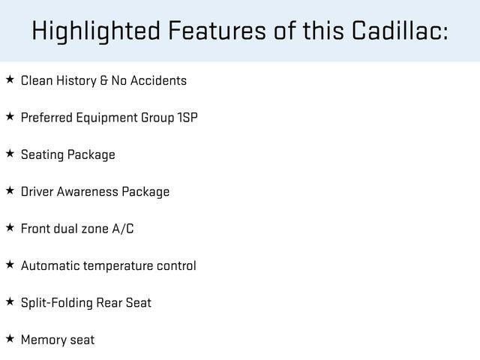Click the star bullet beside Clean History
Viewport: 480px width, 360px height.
coord(9,79)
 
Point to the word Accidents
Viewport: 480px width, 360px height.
coord(158,80)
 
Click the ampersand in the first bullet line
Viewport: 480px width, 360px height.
coord(103,80)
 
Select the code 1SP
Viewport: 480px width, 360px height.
coord(187,118)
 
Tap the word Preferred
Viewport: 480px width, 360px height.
coord(44,118)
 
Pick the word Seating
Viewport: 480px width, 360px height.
coord(42,154)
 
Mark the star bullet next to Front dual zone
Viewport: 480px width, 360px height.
coord(9,227)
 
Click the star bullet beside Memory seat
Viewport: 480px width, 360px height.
coord(9,339)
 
